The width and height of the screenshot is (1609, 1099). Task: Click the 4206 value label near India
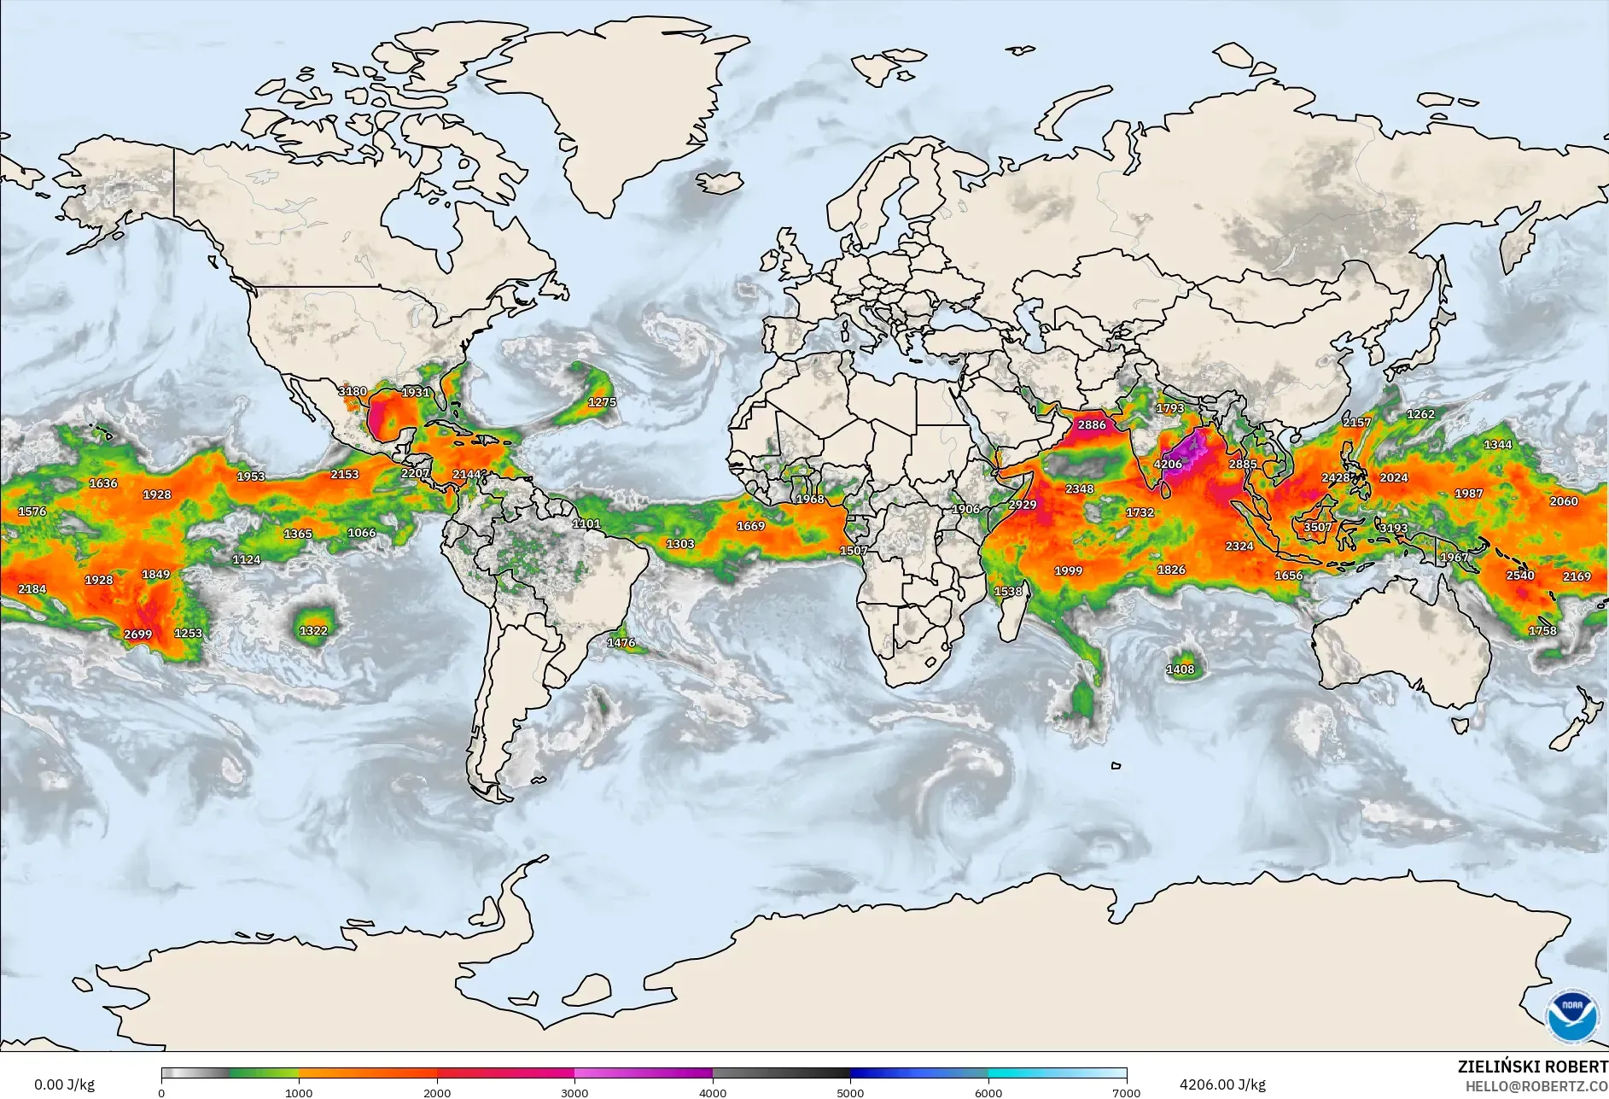[1168, 465]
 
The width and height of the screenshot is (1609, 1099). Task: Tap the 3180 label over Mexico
[353, 391]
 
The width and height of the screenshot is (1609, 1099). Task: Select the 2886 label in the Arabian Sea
[1091, 424]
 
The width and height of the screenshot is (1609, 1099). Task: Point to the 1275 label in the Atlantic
[602, 402]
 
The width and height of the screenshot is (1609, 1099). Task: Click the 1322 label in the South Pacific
[313, 631]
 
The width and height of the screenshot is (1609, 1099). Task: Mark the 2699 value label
[137, 634]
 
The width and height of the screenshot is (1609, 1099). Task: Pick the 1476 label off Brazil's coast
[621, 643]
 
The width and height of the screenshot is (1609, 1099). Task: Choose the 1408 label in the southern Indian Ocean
[1181, 669]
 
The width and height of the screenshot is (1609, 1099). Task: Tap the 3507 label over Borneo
[1317, 527]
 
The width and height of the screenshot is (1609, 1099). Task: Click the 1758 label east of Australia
[1542, 631]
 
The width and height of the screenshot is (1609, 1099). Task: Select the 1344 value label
[1498, 445]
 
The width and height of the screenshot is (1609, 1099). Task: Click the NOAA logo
[1571, 1015]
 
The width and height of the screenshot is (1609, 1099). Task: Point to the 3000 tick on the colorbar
[574, 1092]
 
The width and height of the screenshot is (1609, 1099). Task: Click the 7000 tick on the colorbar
[1127, 1092]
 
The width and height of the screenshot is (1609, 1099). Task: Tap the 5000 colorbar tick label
[850, 1092]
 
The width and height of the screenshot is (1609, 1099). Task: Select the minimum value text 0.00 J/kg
[64, 1084]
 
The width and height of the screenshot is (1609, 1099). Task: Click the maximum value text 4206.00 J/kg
[1222, 1084]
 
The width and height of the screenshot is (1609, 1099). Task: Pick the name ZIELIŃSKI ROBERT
[1532, 1067]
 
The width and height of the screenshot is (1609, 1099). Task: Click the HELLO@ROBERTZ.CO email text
[1536, 1086]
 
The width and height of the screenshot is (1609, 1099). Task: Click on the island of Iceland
[719, 183]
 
